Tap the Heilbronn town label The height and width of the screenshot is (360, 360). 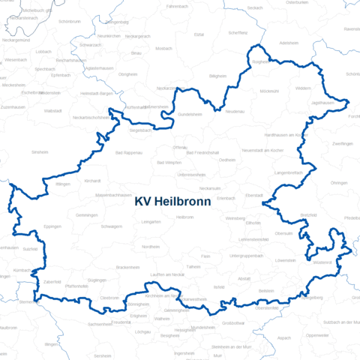click(184, 217)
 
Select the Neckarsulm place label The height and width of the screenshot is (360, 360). click(209, 187)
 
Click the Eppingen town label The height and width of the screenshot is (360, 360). click(52, 226)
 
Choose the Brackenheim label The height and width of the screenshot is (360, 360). click(128, 267)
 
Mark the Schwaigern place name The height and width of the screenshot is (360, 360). click(111, 226)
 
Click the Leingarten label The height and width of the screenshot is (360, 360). click(151, 221)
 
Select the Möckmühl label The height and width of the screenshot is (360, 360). click(268, 91)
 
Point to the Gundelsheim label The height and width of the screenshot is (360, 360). click(190, 114)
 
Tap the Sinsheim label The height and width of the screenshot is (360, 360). click(39, 151)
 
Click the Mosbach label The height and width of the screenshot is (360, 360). click(163, 47)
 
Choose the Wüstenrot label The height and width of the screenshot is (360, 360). click(322, 262)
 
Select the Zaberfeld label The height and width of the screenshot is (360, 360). click(52, 281)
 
